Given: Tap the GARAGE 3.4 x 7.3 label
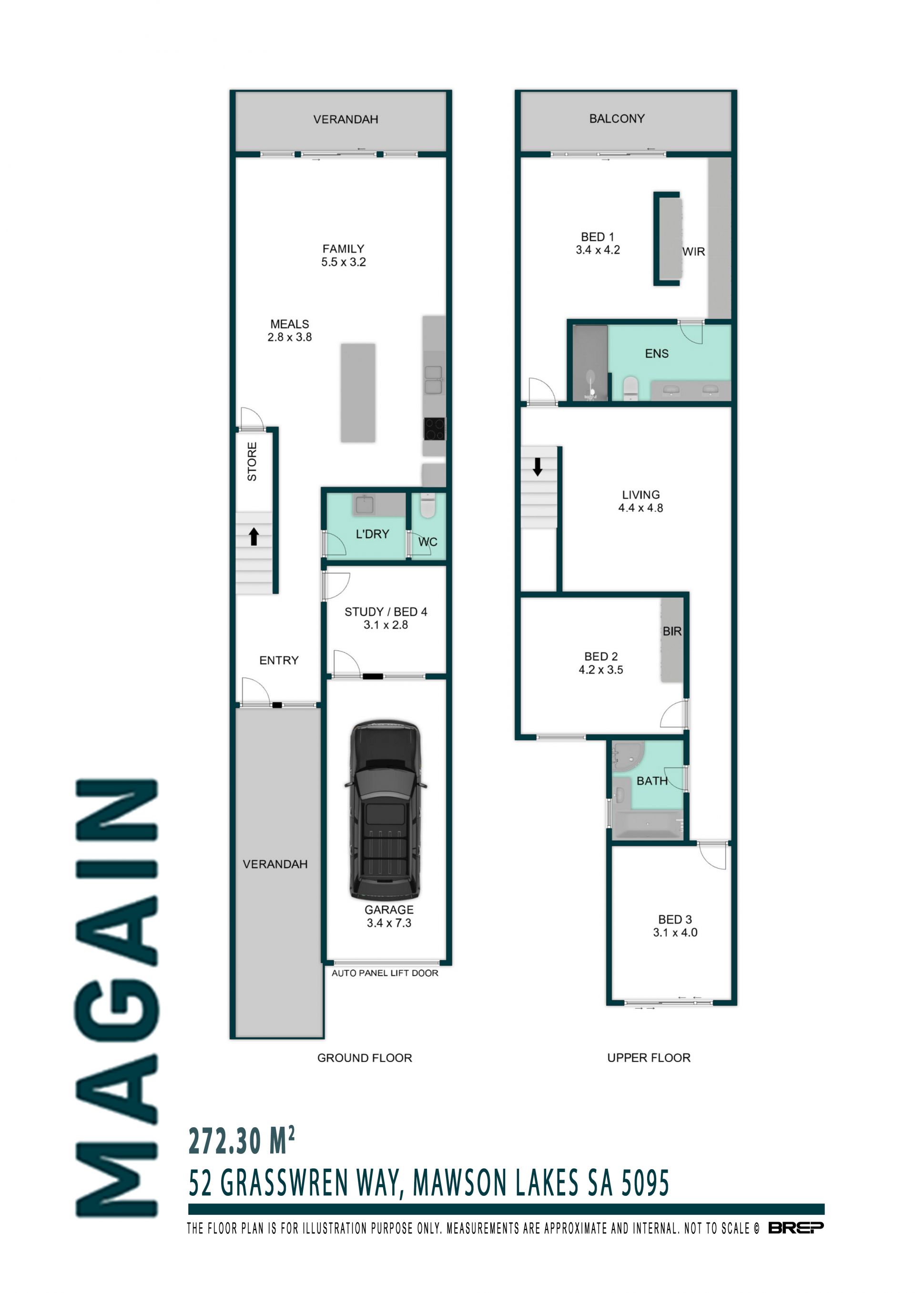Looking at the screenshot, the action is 389,916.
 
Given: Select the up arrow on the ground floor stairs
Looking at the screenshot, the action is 254,536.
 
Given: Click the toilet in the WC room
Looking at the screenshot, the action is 427,505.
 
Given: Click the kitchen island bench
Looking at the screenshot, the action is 358,392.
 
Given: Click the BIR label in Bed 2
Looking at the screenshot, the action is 672,631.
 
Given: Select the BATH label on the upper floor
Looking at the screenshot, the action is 652,781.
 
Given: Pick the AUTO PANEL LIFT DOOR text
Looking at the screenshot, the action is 385,972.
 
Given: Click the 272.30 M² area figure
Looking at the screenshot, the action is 241,1141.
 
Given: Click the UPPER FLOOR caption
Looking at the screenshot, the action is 649,1058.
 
